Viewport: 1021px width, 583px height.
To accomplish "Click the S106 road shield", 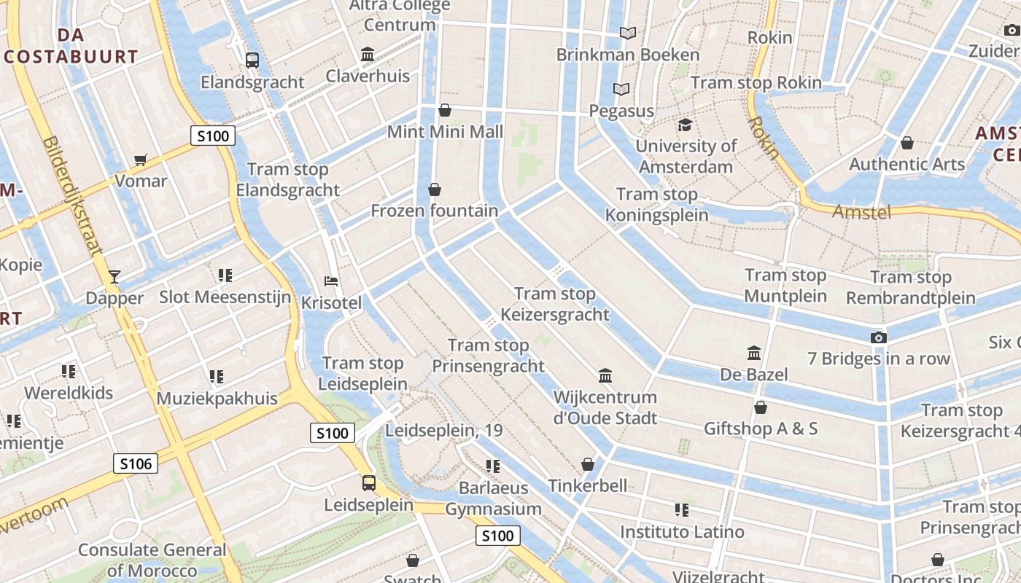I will pos(136,463).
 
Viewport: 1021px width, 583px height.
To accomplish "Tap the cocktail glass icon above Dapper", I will pos(114,277).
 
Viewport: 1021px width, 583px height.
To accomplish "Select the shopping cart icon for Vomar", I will pos(141,160).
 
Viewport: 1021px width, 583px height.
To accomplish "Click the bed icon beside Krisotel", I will pos(331,281).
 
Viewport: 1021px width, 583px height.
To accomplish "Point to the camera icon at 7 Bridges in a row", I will pos(879,337).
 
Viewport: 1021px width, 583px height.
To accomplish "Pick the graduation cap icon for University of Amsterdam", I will pos(684,125).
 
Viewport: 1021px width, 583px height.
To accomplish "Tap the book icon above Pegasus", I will pos(621,90).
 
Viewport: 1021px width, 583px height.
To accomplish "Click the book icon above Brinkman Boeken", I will pos(628,33).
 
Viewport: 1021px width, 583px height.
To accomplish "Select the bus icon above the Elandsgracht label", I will pos(252,60).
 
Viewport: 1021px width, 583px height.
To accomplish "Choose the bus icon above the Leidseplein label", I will pos(369,482).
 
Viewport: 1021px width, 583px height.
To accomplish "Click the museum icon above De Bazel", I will pos(754,353).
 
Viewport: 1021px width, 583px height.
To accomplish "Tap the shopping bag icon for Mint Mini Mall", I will pos(445,110).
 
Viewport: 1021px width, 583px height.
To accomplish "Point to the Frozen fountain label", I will pos(435,211).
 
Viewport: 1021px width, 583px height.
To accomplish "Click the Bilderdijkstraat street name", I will pos(72,197).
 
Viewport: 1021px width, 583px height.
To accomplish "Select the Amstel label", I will pos(862,212).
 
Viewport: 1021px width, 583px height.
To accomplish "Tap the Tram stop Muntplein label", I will pos(785,286).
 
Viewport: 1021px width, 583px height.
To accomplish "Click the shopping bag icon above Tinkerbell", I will pos(588,464).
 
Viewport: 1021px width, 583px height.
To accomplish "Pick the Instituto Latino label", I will pos(682,532).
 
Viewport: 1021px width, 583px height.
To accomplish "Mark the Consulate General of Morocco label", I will pos(152,560).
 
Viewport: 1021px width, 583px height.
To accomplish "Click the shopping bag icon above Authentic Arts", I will pos(907,143).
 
